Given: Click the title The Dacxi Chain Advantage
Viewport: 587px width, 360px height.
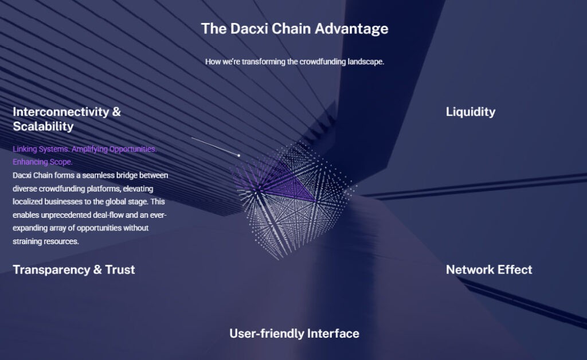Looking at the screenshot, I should coord(294,28).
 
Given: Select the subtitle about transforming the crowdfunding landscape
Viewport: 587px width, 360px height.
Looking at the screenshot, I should coord(294,61).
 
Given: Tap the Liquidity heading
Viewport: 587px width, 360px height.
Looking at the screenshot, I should coord(470,112).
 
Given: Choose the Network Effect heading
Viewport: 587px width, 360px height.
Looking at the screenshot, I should coord(488,269).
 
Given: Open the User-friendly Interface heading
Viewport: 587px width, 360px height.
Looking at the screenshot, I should coord(294,333).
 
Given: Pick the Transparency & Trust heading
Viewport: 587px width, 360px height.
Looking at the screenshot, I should coord(73,269).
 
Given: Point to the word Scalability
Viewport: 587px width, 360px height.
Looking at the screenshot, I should coord(43,126).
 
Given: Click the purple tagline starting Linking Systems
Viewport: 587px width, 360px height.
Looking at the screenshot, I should coord(84,149).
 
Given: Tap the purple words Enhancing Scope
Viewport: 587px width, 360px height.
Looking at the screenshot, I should coord(42,162).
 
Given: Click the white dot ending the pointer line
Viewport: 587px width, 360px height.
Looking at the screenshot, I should coord(238,155).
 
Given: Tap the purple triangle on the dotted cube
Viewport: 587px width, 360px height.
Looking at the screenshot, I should coord(289,186).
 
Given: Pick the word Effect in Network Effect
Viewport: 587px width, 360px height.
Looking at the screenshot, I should coord(514,269).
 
